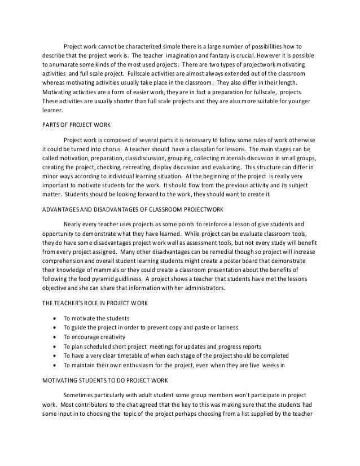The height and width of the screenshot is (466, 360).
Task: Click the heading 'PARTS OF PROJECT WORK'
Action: point(75,126)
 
